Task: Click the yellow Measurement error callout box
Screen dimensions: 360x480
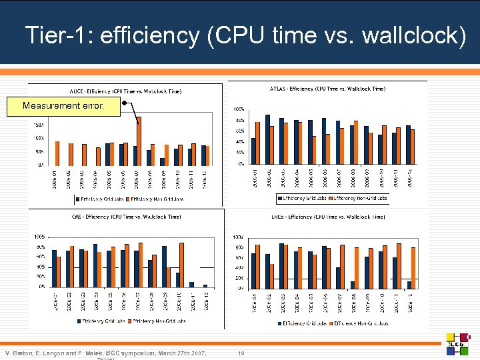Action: pyautogui.click(x=63, y=106)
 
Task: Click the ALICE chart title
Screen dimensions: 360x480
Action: pyautogui.click(x=125, y=91)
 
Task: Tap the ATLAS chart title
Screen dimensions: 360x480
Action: pyautogui.click(x=327, y=89)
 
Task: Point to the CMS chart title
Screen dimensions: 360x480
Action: pyautogui.click(x=126, y=217)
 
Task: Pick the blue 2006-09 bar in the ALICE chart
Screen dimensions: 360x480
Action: pyautogui.click(x=162, y=161)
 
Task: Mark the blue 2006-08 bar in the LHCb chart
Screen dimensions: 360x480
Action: pyautogui.click(x=352, y=285)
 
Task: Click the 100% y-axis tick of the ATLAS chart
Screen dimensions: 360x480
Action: pyautogui.click(x=238, y=109)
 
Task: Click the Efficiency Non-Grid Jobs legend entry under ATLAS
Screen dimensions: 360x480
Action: pyautogui.click(x=361, y=198)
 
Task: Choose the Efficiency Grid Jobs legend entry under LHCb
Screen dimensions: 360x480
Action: pyautogui.click(x=303, y=323)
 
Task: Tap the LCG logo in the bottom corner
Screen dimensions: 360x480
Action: pyautogui.click(x=459, y=343)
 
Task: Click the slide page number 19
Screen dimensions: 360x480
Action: pyautogui.click(x=241, y=352)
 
